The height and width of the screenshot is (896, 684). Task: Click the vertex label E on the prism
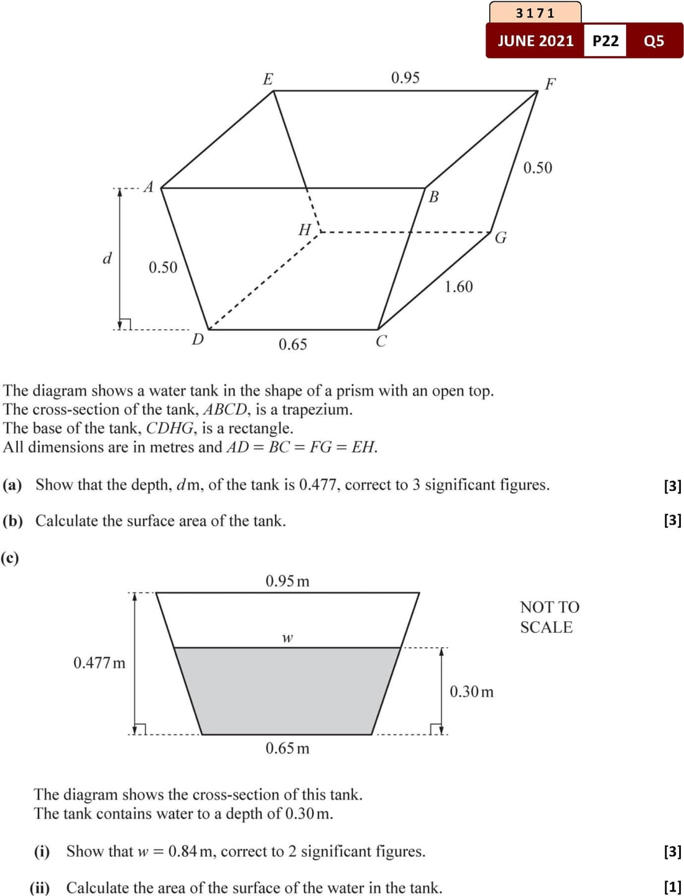point(267,79)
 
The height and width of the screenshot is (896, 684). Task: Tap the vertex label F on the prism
point(550,83)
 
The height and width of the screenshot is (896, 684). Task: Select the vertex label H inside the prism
point(305,230)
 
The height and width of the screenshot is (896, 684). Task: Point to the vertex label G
point(501,238)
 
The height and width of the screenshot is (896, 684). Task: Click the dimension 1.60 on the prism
point(458,287)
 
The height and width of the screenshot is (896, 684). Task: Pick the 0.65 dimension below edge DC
point(292,345)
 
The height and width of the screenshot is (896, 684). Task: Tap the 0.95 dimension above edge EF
point(405,78)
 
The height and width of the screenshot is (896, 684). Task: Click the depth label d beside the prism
point(107,258)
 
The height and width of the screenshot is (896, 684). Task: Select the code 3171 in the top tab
point(535,13)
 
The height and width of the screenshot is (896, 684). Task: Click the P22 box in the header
point(605,41)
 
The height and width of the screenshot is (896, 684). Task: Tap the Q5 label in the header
point(654,41)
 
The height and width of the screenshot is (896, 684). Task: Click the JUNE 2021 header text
point(535,41)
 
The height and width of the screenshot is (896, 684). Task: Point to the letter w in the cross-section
point(287,638)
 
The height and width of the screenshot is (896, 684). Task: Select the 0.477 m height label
point(99,663)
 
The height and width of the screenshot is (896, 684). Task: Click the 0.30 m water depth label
point(471,692)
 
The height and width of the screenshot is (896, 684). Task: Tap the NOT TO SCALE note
point(549,617)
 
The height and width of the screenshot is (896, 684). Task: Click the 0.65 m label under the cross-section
point(287,748)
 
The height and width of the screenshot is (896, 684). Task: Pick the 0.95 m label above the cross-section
point(287,581)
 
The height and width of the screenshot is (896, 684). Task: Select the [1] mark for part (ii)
point(672,887)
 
